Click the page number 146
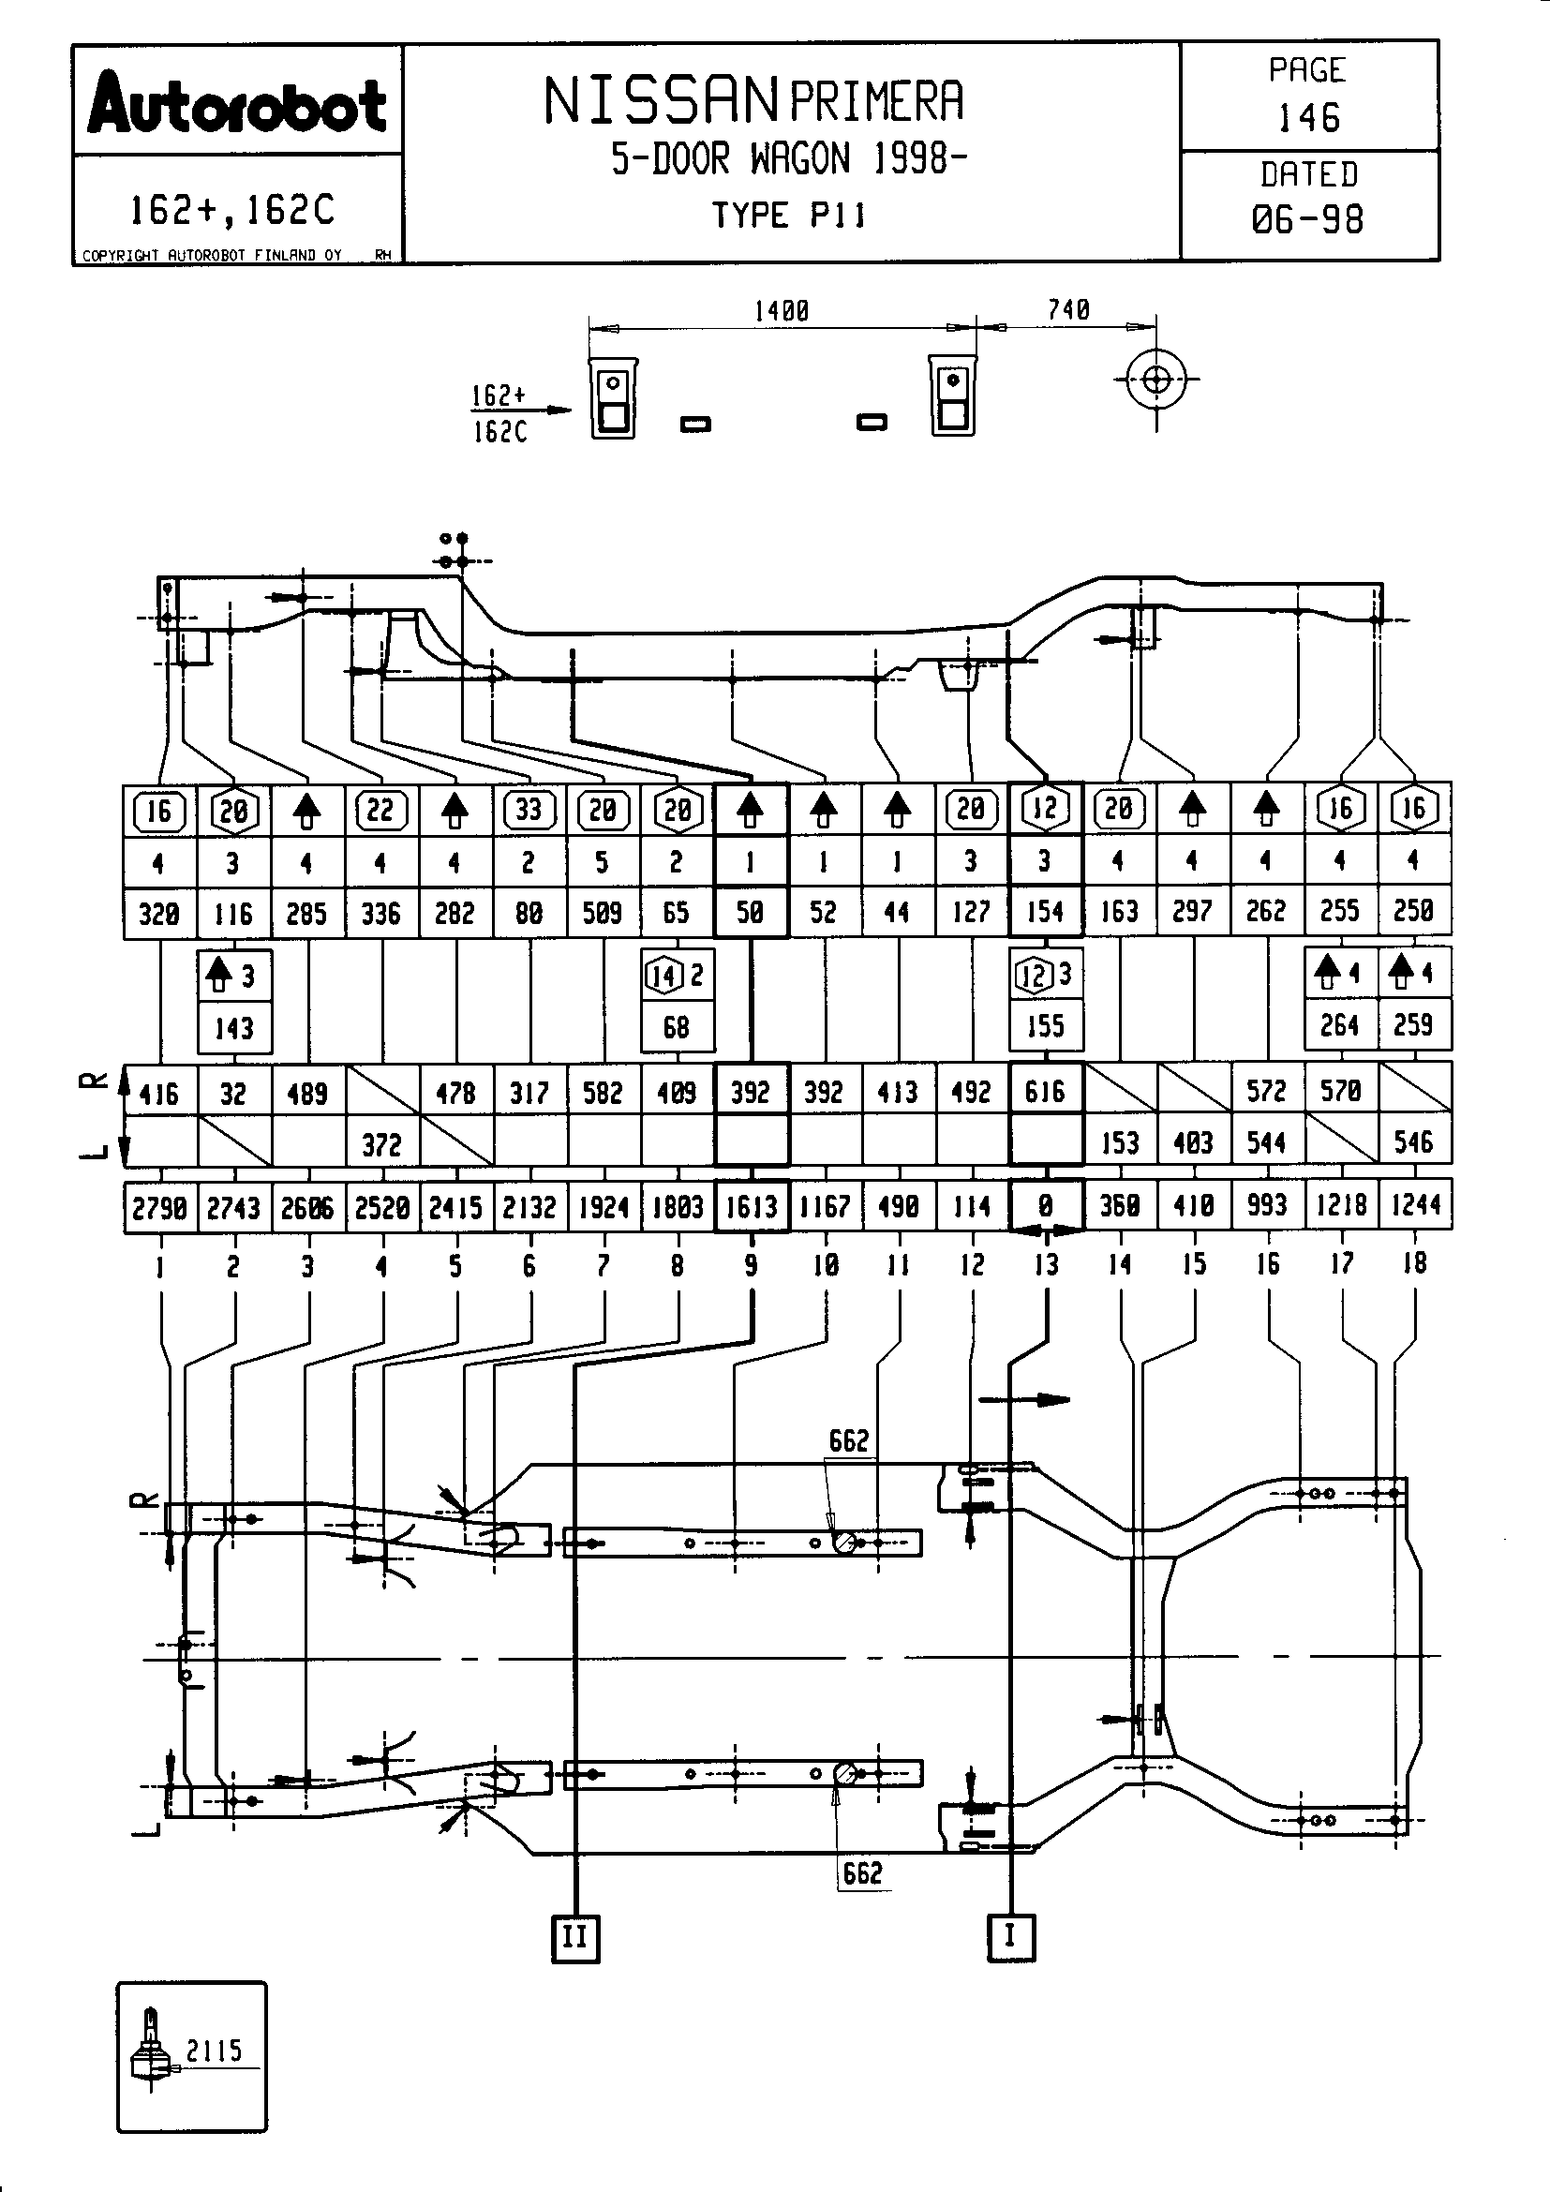point(1308,118)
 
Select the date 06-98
point(1307,220)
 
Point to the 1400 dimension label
point(781,311)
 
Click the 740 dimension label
point(1068,310)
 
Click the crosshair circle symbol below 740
point(1155,380)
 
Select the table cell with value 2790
point(159,1209)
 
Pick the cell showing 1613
point(752,1208)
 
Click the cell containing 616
point(1045,1091)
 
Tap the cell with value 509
point(603,914)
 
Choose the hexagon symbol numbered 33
point(529,811)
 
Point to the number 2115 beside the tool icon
point(214,2050)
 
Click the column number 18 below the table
point(1414,1264)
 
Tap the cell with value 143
point(234,1028)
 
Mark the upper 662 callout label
point(848,1439)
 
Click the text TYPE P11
point(788,216)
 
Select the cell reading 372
point(381,1143)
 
